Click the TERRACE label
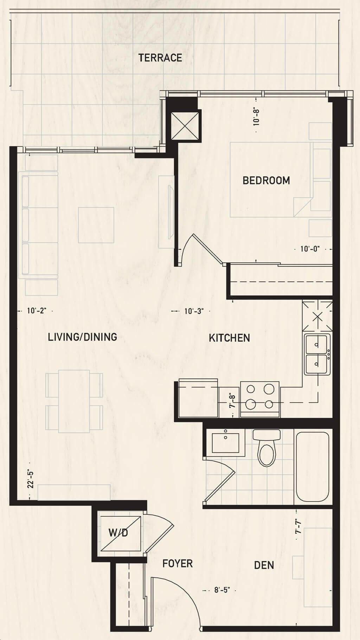click(160, 58)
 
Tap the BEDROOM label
click(266, 180)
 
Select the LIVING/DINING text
click(82, 337)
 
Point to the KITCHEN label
click(229, 338)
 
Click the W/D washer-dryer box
click(120, 532)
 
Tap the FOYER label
click(178, 564)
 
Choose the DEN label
click(264, 565)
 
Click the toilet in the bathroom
click(267, 447)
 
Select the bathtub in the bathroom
click(313, 466)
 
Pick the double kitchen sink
click(317, 354)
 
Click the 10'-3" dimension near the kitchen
click(194, 311)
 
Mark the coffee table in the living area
click(96, 225)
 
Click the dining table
click(74, 401)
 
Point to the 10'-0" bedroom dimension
click(310, 249)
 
